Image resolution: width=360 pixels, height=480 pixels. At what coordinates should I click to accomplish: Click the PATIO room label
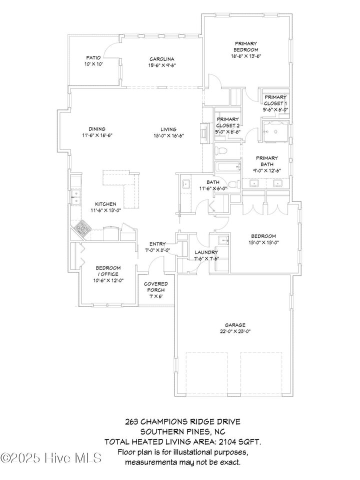93,57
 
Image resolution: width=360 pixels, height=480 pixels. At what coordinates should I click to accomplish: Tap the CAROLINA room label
162,59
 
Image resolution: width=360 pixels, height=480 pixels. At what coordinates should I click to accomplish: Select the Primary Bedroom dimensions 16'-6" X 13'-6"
246,56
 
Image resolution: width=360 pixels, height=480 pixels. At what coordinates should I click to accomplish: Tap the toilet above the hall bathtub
221,150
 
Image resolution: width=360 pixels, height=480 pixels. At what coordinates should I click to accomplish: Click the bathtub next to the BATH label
227,167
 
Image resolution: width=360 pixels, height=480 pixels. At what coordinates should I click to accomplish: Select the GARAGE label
235,325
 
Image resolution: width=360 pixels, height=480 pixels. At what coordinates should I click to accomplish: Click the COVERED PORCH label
156,287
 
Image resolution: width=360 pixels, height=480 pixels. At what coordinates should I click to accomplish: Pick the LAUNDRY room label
206,252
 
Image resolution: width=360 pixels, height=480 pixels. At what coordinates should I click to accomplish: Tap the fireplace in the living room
204,133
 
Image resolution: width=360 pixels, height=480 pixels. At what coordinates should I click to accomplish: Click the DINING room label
97,129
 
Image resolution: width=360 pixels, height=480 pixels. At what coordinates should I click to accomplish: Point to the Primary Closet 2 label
228,122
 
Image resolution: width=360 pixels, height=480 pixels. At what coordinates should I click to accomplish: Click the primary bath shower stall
275,131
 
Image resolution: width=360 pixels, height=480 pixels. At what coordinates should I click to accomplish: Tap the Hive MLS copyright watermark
51,458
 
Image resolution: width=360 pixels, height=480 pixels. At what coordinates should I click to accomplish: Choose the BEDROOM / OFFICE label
108,271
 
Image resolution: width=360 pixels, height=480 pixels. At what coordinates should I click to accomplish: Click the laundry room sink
223,241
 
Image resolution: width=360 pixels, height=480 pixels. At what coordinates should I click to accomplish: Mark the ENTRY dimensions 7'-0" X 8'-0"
157,250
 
